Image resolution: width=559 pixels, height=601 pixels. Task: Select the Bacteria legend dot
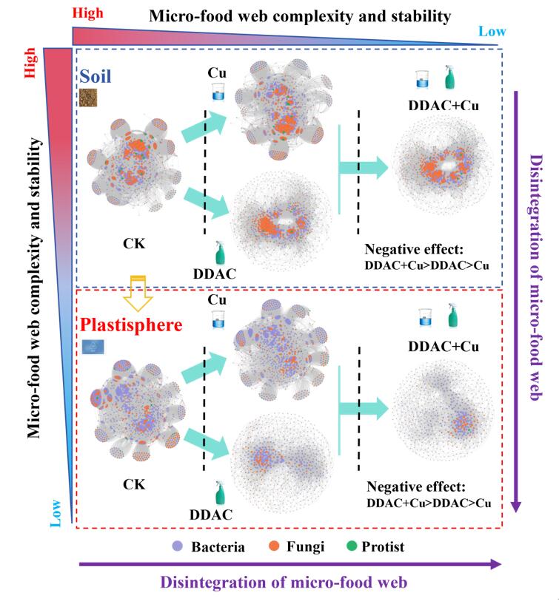[178, 547]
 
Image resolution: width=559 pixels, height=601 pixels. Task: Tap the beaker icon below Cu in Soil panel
[218, 92]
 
